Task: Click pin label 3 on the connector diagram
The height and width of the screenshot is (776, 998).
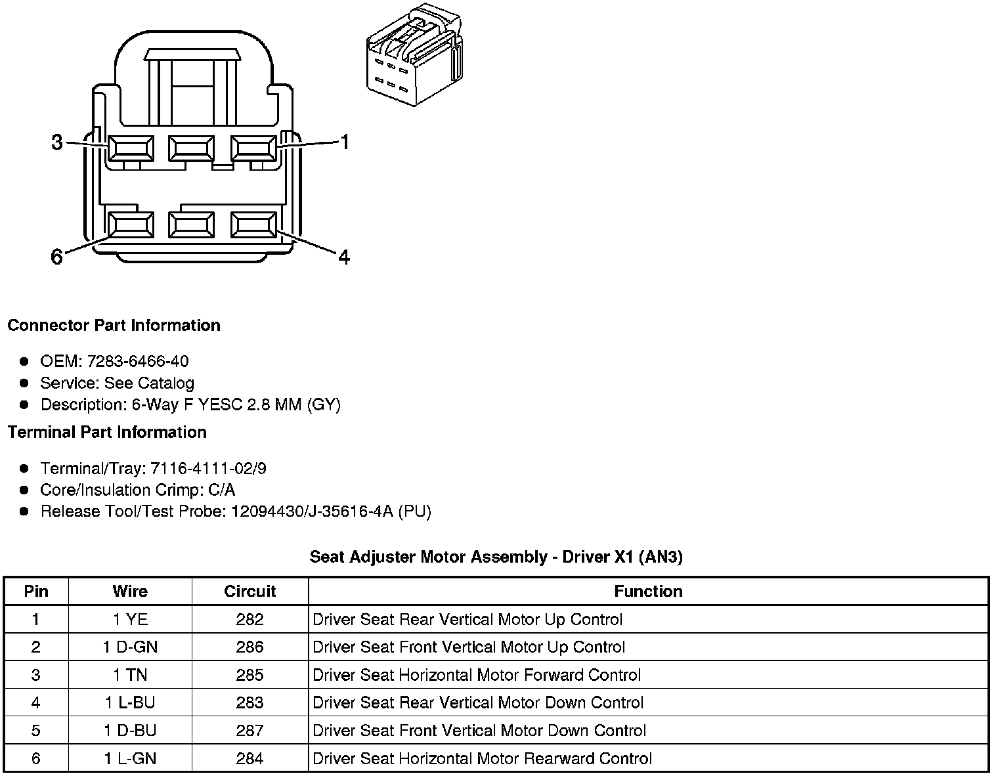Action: click(x=57, y=142)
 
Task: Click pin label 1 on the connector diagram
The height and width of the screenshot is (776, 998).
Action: click(x=344, y=142)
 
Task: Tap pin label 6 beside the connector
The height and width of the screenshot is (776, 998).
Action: click(x=57, y=257)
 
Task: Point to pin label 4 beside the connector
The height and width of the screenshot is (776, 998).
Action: click(x=344, y=257)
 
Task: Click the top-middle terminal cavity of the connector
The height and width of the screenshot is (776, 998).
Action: click(x=191, y=148)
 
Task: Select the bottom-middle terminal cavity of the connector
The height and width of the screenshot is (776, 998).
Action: click(x=191, y=225)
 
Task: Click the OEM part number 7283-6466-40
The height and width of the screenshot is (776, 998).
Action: click(x=138, y=361)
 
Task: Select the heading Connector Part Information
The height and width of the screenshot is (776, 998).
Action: click(x=114, y=326)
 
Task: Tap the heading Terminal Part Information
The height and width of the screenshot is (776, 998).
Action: click(x=107, y=432)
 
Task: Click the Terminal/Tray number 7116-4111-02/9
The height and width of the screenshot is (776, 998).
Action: click(x=208, y=469)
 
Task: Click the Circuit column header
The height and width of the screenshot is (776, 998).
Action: click(x=250, y=592)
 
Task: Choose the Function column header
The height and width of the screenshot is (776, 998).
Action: click(x=648, y=592)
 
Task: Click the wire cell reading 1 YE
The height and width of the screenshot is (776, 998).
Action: click(x=130, y=620)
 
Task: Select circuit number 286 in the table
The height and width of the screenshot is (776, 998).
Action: click(x=250, y=647)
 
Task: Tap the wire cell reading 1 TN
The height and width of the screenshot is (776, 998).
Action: click(x=130, y=675)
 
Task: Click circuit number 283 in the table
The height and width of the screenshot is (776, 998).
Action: click(x=250, y=703)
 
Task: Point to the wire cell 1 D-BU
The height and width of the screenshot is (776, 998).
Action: click(x=130, y=731)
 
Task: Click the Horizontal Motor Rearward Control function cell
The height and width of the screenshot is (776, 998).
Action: click(x=482, y=759)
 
